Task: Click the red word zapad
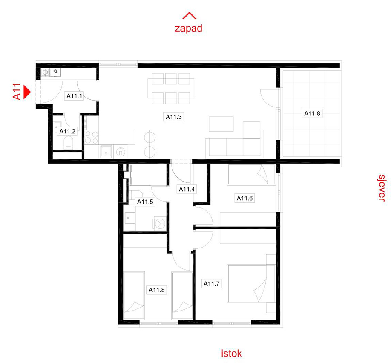pyautogui.click(x=189, y=28)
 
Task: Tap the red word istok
pyautogui.click(x=231, y=353)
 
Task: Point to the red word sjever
pyautogui.click(x=382, y=187)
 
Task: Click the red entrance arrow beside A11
pyautogui.click(x=27, y=92)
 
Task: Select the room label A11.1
pyautogui.click(x=74, y=96)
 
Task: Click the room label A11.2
pyautogui.click(x=67, y=131)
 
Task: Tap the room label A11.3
pyautogui.click(x=173, y=117)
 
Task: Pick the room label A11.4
pyautogui.click(x=187, y=189)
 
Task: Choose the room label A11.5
pyautogui.click(x=145, y=202)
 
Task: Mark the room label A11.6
pyautogui.click(x=244, y=199)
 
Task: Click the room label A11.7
pyautogui.click(x=211, y=284)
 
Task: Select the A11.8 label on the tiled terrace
pyautogui.click(x=312, y=113)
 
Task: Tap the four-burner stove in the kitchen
pyautogui.click(x=92, y=138)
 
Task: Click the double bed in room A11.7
pyautogui.click(x=251, y=284)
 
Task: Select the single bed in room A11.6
pyautogui.click(x=251, y=175)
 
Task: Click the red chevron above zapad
pyautogui.click(x=189, y=16)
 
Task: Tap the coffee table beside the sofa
pyautogui.click(x=221, y=124)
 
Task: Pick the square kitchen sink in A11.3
pyautogui.click(x=106, y=152)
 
